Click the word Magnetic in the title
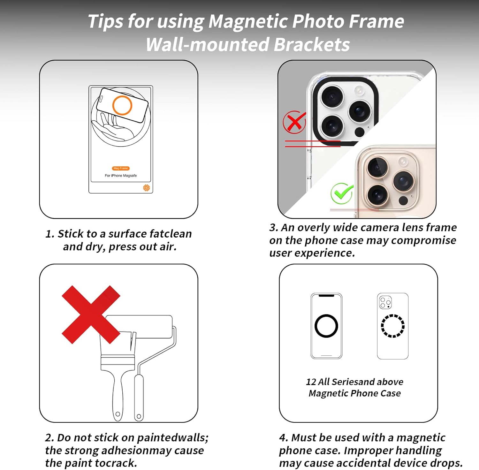coord(247,22)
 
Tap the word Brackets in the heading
coord(312,44)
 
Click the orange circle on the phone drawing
coord(122,105)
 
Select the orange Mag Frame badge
coord(121,168)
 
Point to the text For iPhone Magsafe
coord(121,176)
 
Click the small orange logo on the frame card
coord(147,188)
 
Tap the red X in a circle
coord(294,122)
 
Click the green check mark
coord(342,193)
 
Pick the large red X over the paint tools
coord(91,315)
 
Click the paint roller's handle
coord(139,398)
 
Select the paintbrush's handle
coord(118,396)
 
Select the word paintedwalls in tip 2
coord(173,438)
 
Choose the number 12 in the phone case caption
coord(311,382)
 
